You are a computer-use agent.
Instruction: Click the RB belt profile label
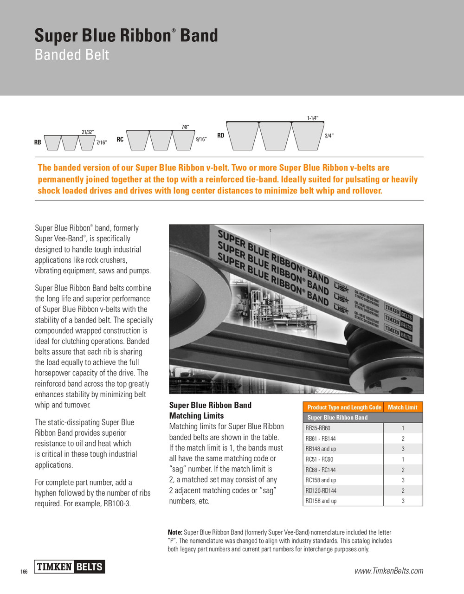tap(38, 142)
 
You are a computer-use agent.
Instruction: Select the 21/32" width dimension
tap(88, 132)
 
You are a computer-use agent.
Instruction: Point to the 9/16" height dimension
tap(201, 139)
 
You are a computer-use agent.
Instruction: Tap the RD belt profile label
tap(220, 136)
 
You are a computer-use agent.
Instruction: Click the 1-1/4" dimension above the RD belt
tap(313, 118)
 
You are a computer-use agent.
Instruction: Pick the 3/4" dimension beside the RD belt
tap(329, 136)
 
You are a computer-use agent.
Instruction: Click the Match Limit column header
tap(402, 407)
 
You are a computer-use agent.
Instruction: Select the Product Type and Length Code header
tap(344, 407)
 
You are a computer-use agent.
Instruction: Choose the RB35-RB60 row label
tap(318, 428)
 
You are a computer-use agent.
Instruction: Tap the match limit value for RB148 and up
tap(403, 449)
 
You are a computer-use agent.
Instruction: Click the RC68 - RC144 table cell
tap(321, 470)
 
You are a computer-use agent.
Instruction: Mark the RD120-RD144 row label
tap(321, 491)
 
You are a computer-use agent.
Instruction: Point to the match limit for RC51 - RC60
tap(403, 459)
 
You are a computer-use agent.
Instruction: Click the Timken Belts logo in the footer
tap(70, 567)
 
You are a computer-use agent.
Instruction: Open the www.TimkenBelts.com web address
tap(389, 571)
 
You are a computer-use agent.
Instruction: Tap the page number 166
tap(24, 572)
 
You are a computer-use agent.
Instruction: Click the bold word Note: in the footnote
tap(175, 532)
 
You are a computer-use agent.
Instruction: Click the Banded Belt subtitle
tap(72, 55)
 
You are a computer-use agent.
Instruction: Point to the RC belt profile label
tap(120, 139)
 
